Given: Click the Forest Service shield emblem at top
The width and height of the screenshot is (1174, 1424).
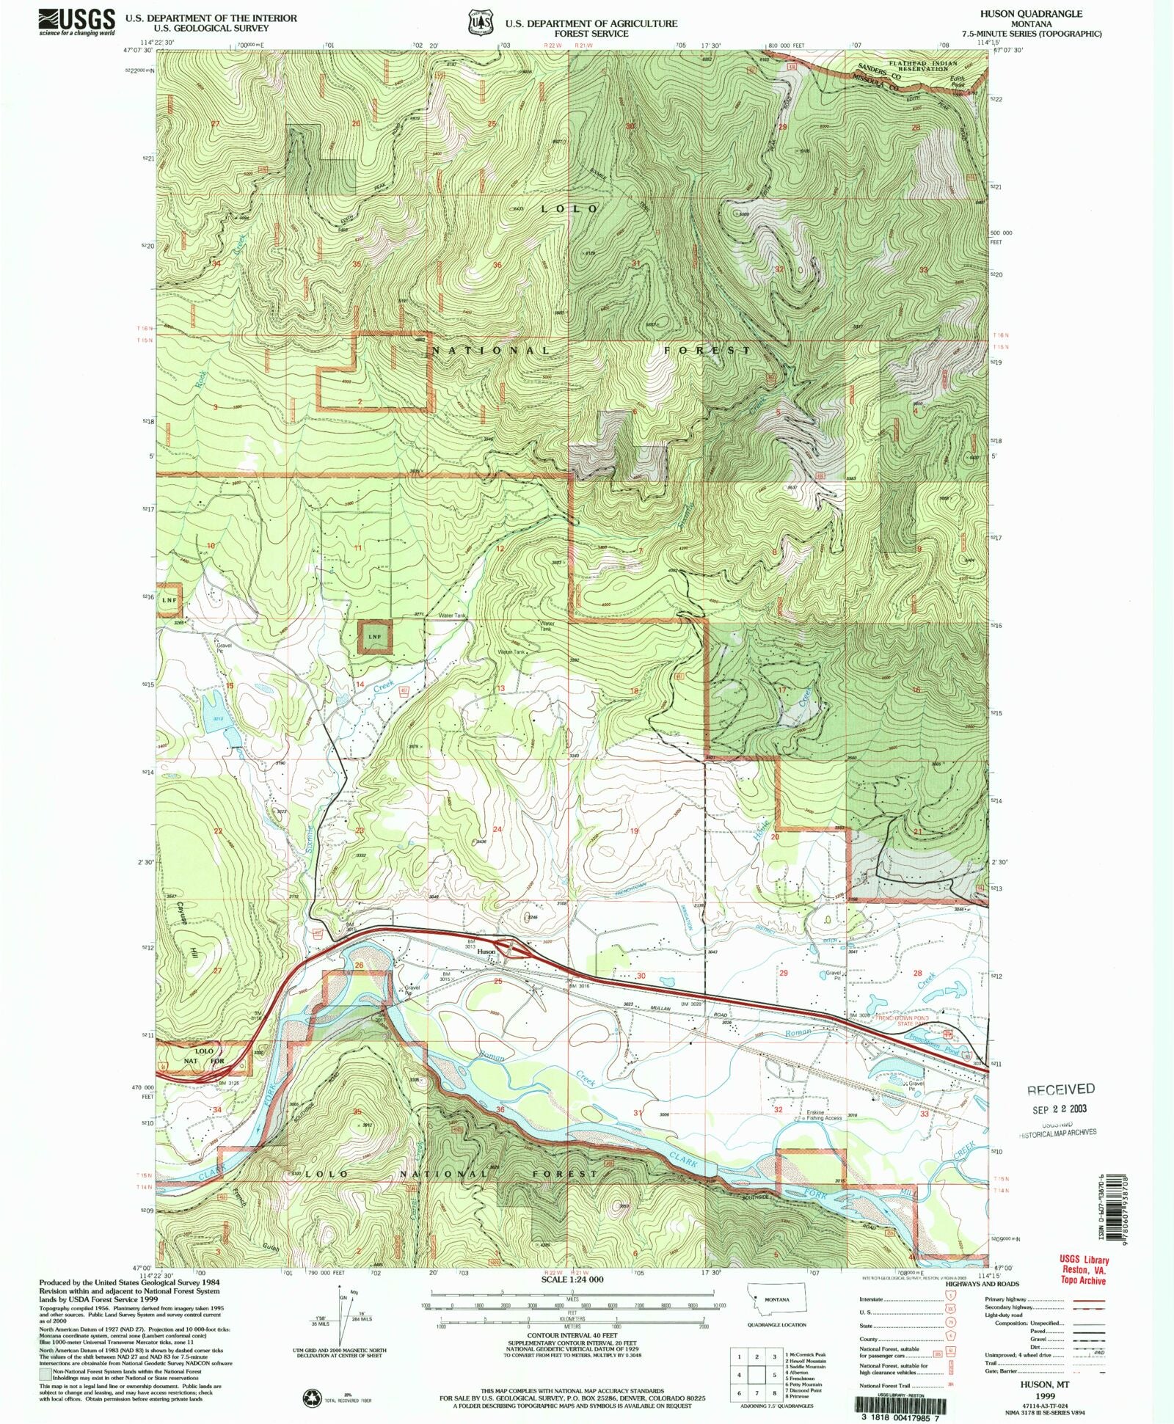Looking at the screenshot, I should tap(481, 23).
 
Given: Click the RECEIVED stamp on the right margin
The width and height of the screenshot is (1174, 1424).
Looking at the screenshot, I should tap(1061, 1089).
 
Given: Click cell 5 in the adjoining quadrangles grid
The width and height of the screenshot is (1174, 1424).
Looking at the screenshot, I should tap(756, 1375).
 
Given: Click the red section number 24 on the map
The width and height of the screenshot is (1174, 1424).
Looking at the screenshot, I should tap(497, 830).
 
